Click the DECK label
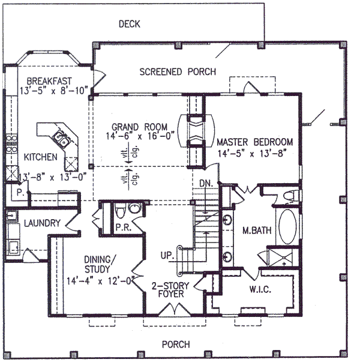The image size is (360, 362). tap(129, 24)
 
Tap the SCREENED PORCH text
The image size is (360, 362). tap(178, 72)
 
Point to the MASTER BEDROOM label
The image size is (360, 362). tap(254, 142)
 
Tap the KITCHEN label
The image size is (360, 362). tap(41, 157)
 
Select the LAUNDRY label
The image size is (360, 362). tap(42, 224)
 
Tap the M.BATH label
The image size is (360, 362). tap(254, 230)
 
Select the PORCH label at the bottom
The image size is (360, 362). tap(176, 344)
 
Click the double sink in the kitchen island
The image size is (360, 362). tap(61, 140)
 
